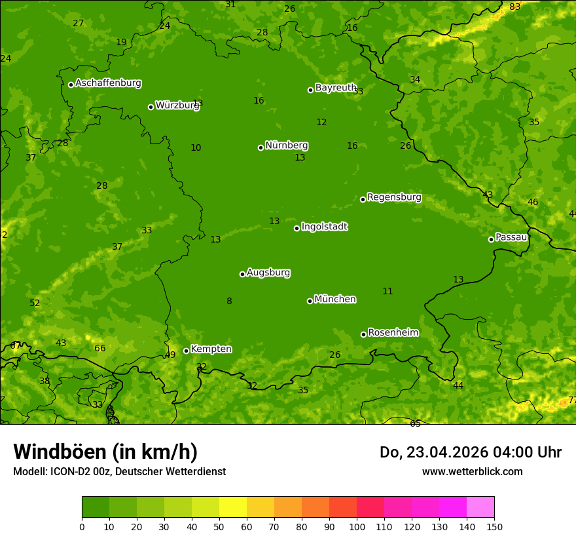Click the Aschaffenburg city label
[x=108, y=83]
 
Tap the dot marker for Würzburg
[x=151, y=107]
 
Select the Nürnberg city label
[x=286, y=146]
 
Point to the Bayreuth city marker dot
[x=310, y=90]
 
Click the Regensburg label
[x=394, y=197]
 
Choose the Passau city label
[x=511, y=237]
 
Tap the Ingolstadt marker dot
[x=297, y=228]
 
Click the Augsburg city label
[x=268, y=273]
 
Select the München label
[x=335, y=300]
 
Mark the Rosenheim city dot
[x=363, y=335]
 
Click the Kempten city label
[x=211, y=349]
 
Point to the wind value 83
[x=515, y=7]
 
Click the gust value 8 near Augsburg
[x=229, y=301]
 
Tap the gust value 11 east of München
[x=387, y=292]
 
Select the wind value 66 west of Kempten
[x=99, y=349]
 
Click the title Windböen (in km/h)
[x=105, y=452]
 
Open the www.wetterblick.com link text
[x=472, y=472]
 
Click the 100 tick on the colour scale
[x=357, y=526]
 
